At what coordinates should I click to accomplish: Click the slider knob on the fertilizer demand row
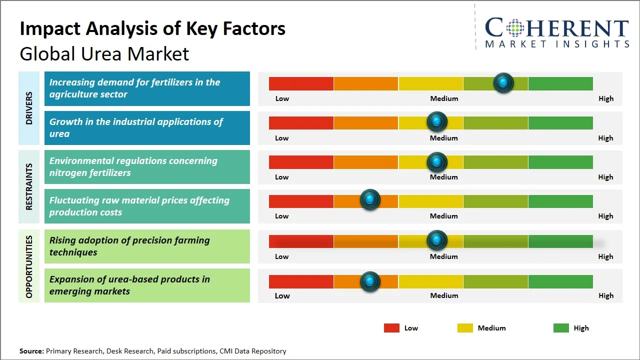[x=503, y=82]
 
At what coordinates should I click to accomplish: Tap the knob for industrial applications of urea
[x=437, y=121]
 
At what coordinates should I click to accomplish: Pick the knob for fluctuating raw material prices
[x=370, y=200]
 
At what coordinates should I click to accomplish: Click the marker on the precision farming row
[x=437, y=240]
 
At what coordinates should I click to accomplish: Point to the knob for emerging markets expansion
[x=370, y=281]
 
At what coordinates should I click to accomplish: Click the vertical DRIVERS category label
[x=28, y=108]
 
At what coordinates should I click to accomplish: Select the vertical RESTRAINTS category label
[x=28, y=186]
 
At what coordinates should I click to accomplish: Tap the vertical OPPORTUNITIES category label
[x=28, y=266]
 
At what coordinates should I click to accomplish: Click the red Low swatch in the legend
[x=391, y=328]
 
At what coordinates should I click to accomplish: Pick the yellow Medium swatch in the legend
[x=465, y=328]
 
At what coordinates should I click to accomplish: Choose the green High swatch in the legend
[x=561, y=328]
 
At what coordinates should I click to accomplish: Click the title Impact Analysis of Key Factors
[x=152, y=29]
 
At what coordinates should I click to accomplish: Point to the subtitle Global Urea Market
[x=104, y=53]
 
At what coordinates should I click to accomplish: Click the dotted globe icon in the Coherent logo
[x=514, y=28]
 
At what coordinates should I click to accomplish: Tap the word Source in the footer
[x=31, y=351]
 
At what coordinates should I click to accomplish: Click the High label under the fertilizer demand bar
[x=605, y=98]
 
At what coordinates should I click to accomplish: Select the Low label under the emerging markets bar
[x=282, y=295]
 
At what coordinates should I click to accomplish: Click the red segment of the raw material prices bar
[x=301, y=201]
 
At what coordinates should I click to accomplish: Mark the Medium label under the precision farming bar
[x=443, y=256]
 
